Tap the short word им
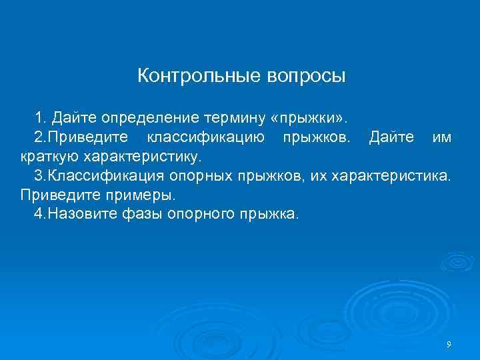point(442,138)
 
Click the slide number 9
point(449,344)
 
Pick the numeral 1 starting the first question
point(40,119)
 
